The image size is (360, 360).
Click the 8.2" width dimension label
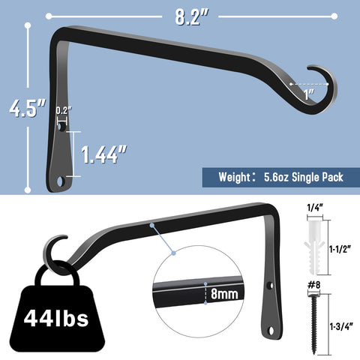click(191, 16)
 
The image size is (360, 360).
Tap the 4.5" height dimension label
click(28, 108)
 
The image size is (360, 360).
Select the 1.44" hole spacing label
click(104, 154)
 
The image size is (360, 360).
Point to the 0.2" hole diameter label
click(64, 110)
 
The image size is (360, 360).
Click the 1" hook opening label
click(309, 94)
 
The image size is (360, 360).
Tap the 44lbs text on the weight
click(56, 318)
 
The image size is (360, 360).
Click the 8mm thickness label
click(224, 293)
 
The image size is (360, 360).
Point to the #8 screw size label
click(313, 285)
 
